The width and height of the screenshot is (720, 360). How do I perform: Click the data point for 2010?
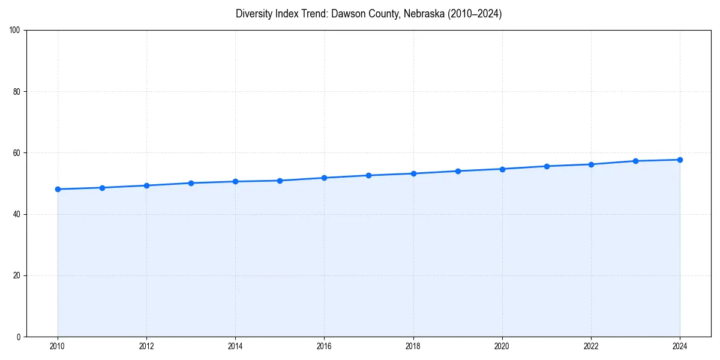(x=58, y=189)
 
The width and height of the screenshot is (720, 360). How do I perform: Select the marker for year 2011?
(x=102, y=188)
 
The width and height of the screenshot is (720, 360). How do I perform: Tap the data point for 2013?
(x=191, y=183)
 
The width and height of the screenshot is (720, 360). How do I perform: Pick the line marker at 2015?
(x=280, y=181)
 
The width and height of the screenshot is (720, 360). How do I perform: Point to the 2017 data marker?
(x=368, y=175)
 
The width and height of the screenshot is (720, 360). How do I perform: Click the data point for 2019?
(x=458, y=171)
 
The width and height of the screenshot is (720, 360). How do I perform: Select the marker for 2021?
(x=547, y=166)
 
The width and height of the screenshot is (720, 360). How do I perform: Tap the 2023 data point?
(x=635, y=161)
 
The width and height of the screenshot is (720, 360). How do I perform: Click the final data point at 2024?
(x=680, y=160)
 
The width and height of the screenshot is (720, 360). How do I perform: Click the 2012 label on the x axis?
(x=146, y=346)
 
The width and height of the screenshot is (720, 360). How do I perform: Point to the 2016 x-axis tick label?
(x=324, y=346)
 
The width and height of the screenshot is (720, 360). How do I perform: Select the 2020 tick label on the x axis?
(x=502, y=346)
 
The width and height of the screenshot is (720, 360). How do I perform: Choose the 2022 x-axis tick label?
(x=591, y=346)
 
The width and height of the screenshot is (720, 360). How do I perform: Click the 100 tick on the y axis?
(x=15, y=31)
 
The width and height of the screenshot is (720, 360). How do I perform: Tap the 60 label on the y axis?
(x=17, y=153)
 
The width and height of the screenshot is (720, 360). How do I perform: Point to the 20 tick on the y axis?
(x=17, y=275)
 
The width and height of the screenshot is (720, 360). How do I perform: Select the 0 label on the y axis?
(x=19, y=337)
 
